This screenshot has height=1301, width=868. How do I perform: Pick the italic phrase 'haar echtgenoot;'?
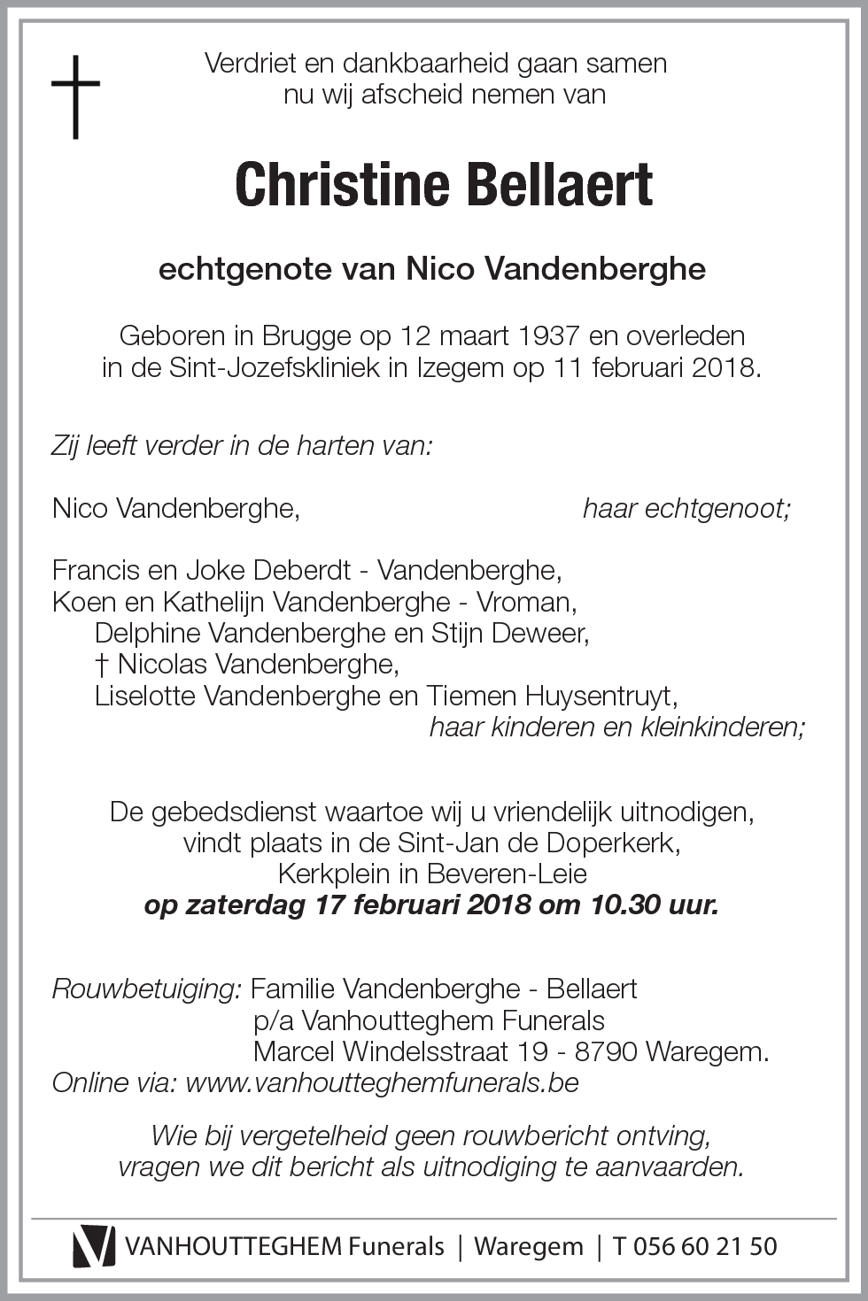coord(686,509)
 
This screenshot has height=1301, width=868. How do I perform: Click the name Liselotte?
coord(145,697)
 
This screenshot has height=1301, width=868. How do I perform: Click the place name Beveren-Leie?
coord(507,874)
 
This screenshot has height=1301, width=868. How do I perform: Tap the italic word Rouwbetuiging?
coord(146,989)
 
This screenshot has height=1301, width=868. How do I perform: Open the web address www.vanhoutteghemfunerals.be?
coord(382,1082)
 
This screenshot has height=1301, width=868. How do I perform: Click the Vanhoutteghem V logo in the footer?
coord(93,1246)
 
